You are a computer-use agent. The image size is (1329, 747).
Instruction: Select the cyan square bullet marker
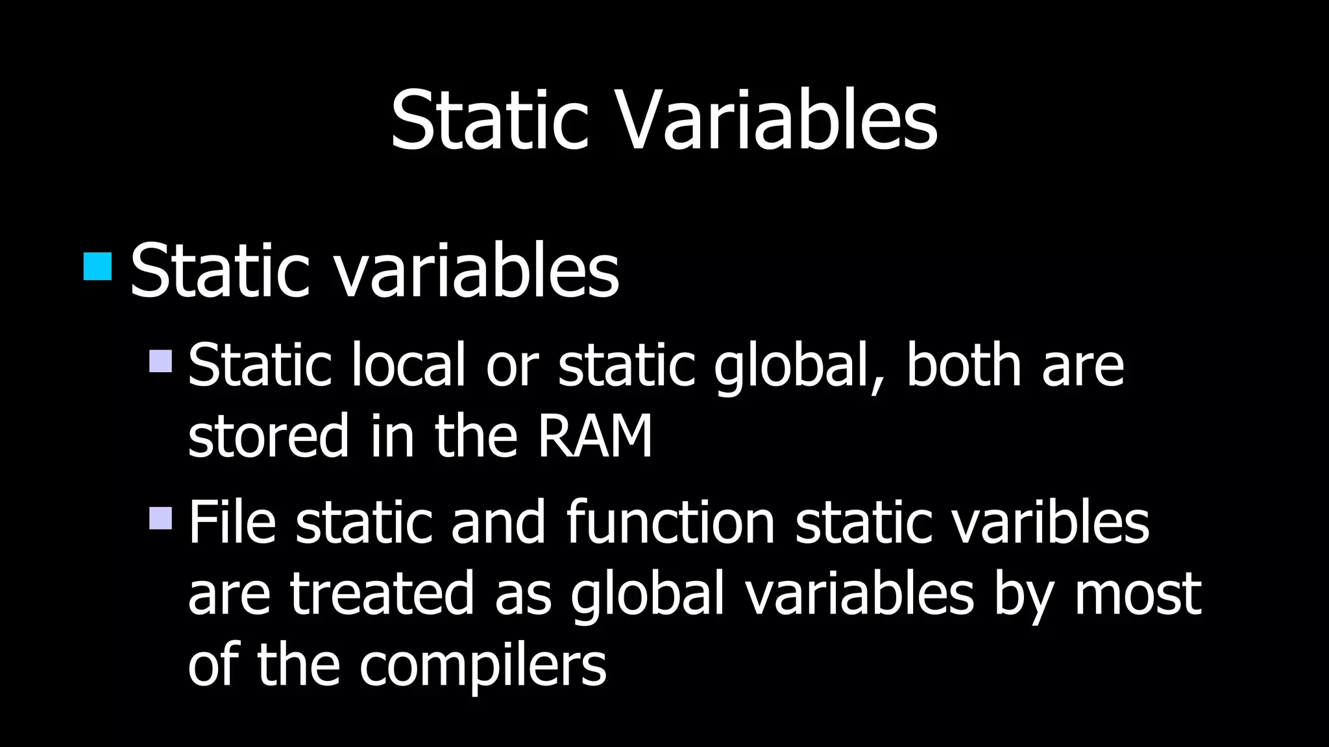click(x=98, y=267)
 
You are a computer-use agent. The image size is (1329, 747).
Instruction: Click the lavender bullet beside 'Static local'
click(x=160, y=361)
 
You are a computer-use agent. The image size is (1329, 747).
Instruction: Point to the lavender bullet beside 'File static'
click(x=160, y=518)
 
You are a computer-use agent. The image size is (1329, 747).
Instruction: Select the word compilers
click(x=483, y=665)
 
